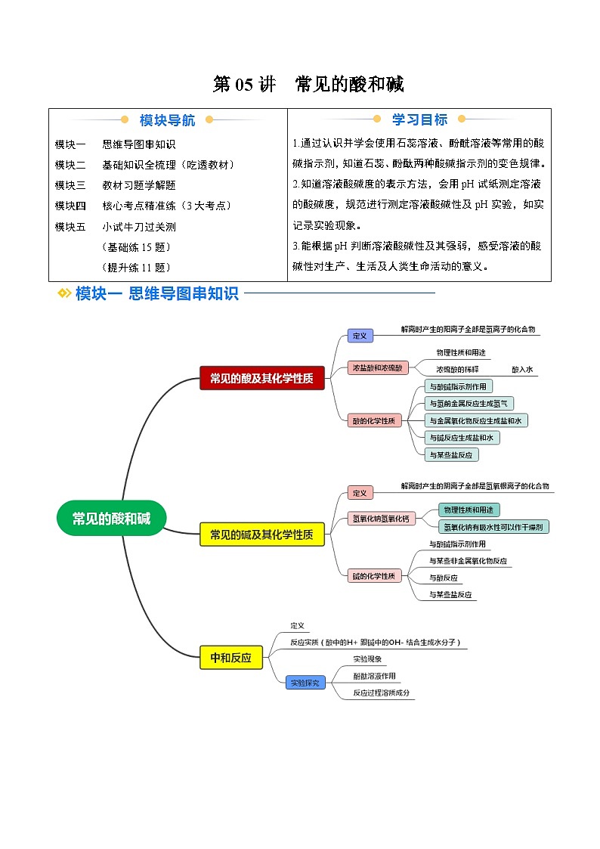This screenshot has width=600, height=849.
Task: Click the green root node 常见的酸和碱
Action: click(x=111, y=519)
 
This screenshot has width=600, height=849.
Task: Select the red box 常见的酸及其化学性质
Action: click(x=261, y=378)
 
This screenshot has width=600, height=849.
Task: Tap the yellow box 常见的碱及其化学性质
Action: click(x=261, y=534)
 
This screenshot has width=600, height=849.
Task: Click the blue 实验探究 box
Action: click(x=305, y=682)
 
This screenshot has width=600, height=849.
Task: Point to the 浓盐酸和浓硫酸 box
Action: click(x=378, y=368)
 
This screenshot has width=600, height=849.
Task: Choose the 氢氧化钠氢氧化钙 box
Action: click(x=380, y=518)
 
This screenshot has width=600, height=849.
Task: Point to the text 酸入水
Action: click(x=522, y=370)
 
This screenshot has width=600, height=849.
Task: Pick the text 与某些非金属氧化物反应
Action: click(x=468, y=561)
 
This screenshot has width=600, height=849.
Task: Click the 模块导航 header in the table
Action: click(x=167, y=120)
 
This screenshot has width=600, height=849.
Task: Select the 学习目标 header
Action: click(x=419, y=119)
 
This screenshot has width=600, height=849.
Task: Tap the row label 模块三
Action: click(x=70, y=184)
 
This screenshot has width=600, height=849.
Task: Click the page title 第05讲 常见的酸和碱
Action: click(x=308, y=85)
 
